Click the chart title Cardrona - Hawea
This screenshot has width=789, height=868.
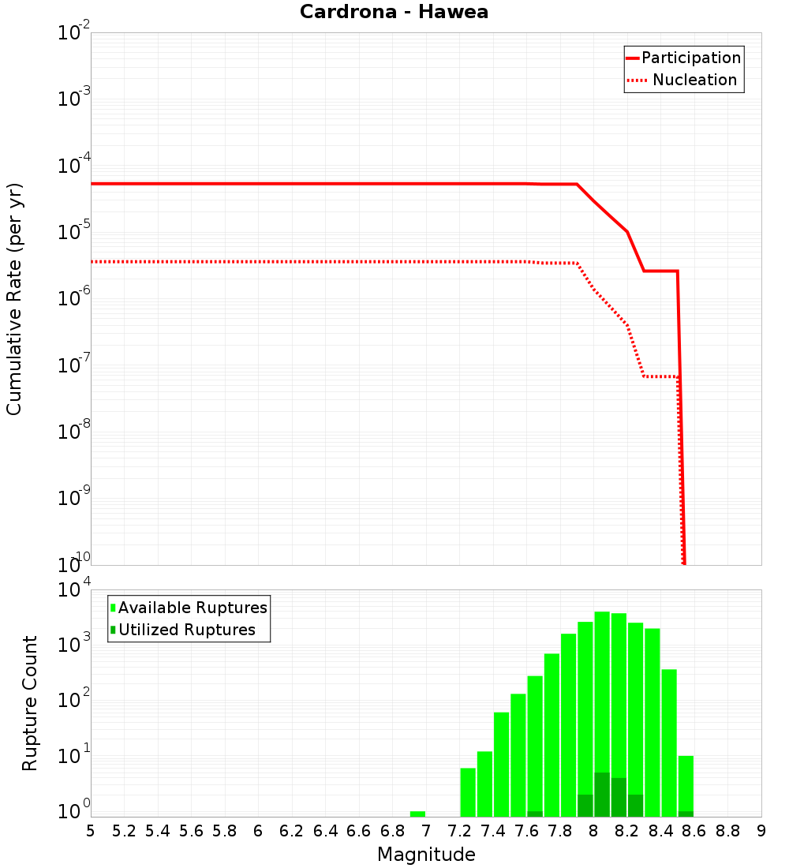click(x=394, y=13)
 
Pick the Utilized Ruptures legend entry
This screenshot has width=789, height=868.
click(x=186, y=630)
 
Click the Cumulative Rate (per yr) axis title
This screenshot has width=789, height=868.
click(x=14, y=298)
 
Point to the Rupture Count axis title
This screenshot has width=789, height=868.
click(x=30, y=702)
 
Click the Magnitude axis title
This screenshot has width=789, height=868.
click(x=426, y=854)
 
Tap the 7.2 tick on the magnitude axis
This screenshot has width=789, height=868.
click(x=459, y=831)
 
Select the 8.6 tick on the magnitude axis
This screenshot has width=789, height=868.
click(x=694, y=831)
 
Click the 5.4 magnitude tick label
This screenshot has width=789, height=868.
click(x=158, y=831)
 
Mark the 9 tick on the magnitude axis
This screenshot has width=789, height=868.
click(x=761, y=831)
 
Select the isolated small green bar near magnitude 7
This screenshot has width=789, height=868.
click(x=417, y=814)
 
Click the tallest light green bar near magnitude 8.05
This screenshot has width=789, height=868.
click(x=602, y=710)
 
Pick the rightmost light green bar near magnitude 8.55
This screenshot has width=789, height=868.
click(x=686, y=785)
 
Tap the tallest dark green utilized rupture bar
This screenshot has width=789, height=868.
click(x=602, y=795)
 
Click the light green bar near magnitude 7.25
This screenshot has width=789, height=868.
click(x=468, y=791)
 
